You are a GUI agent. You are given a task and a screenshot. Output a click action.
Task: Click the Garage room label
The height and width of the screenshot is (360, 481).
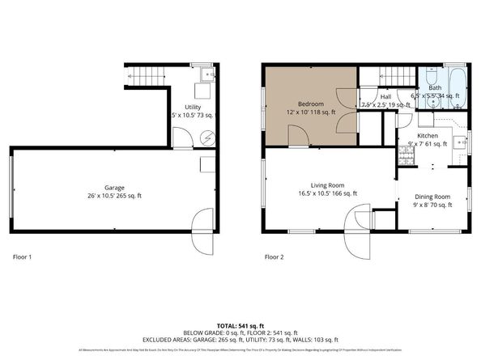click(109, 187)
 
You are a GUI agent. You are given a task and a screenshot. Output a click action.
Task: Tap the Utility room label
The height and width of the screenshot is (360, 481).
click(193, 107)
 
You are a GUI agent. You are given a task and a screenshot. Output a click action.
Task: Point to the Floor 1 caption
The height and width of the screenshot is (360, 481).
click(23, 257)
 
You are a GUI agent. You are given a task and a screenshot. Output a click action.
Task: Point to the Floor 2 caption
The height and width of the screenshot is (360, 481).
click(275, 257)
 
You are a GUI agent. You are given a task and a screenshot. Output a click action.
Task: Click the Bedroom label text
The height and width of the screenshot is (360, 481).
click(312, 104)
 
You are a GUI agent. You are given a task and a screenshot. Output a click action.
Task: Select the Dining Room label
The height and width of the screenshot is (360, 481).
click(432, 197)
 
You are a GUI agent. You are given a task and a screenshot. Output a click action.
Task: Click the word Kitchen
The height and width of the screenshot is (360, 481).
click(428, 135)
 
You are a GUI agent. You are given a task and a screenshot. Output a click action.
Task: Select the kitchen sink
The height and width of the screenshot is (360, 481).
click(460, 142)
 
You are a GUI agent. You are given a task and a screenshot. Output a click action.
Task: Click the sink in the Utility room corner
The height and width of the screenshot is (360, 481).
click(208, 75)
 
